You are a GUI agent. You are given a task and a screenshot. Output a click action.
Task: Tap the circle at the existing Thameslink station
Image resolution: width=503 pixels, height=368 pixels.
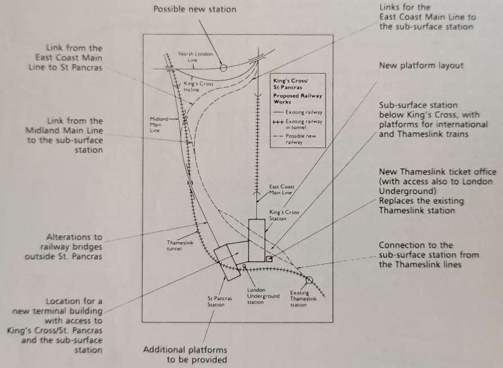[309, 280]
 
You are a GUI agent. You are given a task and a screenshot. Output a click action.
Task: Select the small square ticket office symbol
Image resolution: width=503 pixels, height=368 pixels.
[269, 259]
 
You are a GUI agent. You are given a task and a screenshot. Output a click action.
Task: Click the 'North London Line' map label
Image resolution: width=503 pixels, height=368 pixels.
[195, 57]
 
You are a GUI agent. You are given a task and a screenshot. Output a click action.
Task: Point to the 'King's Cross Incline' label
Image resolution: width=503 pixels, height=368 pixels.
[198, 87]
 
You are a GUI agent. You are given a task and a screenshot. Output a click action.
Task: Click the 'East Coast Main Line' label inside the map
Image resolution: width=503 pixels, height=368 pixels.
[281, 190]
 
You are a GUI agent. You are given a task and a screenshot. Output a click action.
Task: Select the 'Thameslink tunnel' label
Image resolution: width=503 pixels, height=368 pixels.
[180, 245]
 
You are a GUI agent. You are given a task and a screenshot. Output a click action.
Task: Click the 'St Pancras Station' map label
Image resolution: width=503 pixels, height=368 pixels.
[220, 302]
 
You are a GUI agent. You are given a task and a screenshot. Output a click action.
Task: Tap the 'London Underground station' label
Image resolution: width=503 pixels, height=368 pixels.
[263, 296]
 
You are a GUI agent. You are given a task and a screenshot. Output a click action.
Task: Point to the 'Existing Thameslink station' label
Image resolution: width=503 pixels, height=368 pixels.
[303, 298]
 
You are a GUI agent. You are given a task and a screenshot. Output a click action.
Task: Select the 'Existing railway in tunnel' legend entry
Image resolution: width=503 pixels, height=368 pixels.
[297, 124]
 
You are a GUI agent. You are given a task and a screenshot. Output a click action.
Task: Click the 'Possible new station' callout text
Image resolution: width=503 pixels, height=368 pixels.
[195, 9]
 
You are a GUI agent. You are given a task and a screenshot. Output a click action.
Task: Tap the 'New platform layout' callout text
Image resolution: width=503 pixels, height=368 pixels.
[421, 66]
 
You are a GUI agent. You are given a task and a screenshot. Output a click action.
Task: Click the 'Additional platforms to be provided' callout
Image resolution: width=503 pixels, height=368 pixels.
[185, 354]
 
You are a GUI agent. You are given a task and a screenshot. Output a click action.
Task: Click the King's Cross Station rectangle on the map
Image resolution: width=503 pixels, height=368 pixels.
[257, 240]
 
